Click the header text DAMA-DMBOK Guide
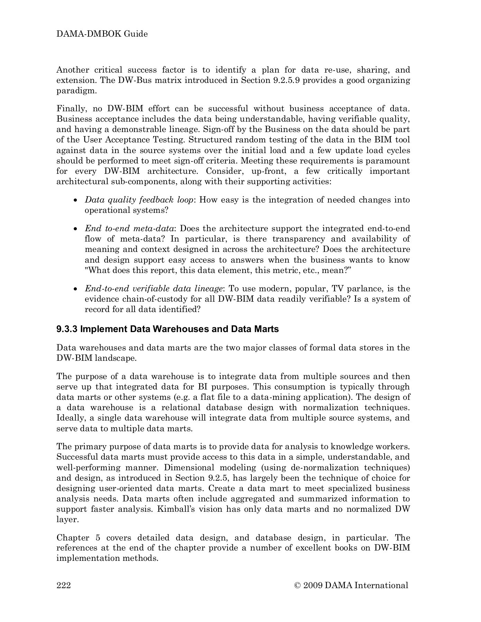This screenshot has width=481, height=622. tap(102, 34)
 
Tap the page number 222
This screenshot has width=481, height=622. tap(64, 585)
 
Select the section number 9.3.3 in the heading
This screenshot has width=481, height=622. tap(67, 329)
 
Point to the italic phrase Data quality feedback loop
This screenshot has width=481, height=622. tap(139, 200)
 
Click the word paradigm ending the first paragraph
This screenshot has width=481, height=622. tap(76, 91)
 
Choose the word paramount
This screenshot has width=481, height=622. tap(390, 161)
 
